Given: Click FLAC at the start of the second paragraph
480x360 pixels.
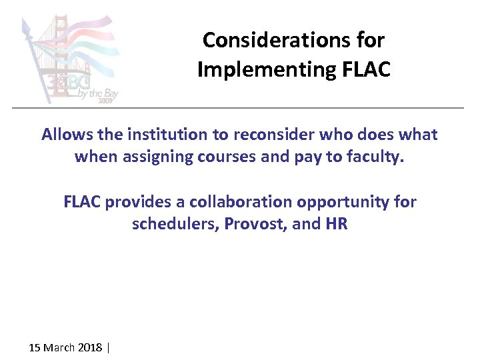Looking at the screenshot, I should [82, 201].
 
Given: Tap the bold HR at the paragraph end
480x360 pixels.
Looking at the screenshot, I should [337, 223].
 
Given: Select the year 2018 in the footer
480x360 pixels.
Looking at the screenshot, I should [90, 347].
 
